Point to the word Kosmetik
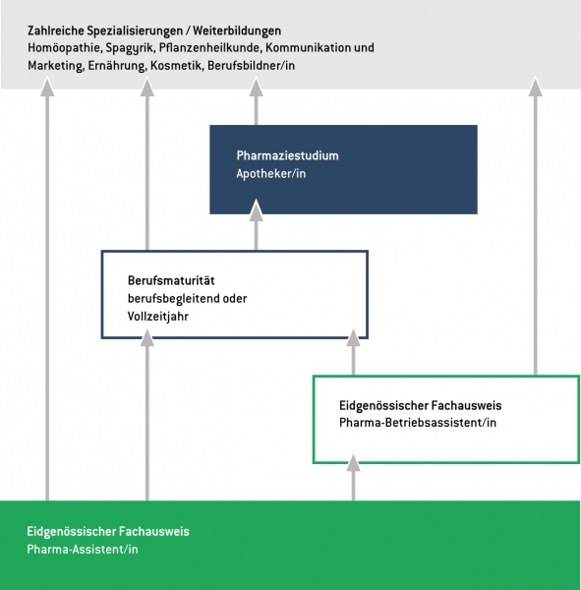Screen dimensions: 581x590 pyautogui.click(x=175, y=66)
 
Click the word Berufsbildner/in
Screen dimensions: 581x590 pyautogui.click(x=251, y=66)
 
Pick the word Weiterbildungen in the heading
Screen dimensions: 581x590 pyautogui.click(x=237, y=30)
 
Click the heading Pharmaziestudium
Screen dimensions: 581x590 pyautogui.click(x=287, y=155)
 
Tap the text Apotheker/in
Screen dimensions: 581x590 pyautogui.click(x=271, y=174)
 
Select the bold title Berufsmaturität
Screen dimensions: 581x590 pyautogui.click(x=171, y=280)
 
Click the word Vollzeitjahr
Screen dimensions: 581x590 pyautogui.click(x=157, y=317)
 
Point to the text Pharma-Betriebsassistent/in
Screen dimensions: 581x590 pyautogui.click(x=418, y=423)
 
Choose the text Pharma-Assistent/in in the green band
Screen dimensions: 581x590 pyautogui.click(x=83, y=550)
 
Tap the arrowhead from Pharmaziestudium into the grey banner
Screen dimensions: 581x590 pyautogui.click(x=257, y=87)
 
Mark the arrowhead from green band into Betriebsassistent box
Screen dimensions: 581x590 pyautogui.click(x=353, y=462)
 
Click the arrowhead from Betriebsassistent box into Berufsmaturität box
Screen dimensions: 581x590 pyautogui.click(x=353, y=337)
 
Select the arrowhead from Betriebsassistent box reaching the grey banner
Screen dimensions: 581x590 pyautogui.click(x=536, y=87)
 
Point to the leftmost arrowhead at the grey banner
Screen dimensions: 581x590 pyautogui.click(x=47, y=87)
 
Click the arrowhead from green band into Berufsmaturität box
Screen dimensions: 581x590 pyautogui.click(x=147, y=337)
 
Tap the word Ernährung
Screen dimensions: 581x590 pyautogui.click(x=117, y=66)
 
